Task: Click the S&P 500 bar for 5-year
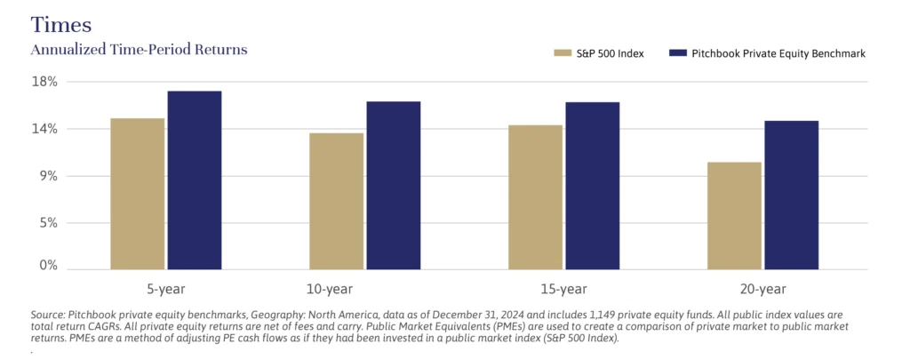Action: tap(137, 193)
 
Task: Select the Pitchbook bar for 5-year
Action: tap(194, 180)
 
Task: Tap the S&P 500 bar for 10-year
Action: tap(336, 201)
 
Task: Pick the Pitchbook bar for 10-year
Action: tap(393, 185)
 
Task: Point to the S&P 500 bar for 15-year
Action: tap(535, 196)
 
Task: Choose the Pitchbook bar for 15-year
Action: tap(592, 185)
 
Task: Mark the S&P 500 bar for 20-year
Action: tap(734, 215)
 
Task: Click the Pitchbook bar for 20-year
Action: tap(791, 195)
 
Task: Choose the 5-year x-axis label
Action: tap(165, 289)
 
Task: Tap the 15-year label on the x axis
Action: tap(563, 289)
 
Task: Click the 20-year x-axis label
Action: tap(762, 289)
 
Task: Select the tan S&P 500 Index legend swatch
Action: tap(563, 53)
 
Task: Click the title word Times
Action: tap(60, 23)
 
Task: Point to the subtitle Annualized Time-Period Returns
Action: tap(139, 50)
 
